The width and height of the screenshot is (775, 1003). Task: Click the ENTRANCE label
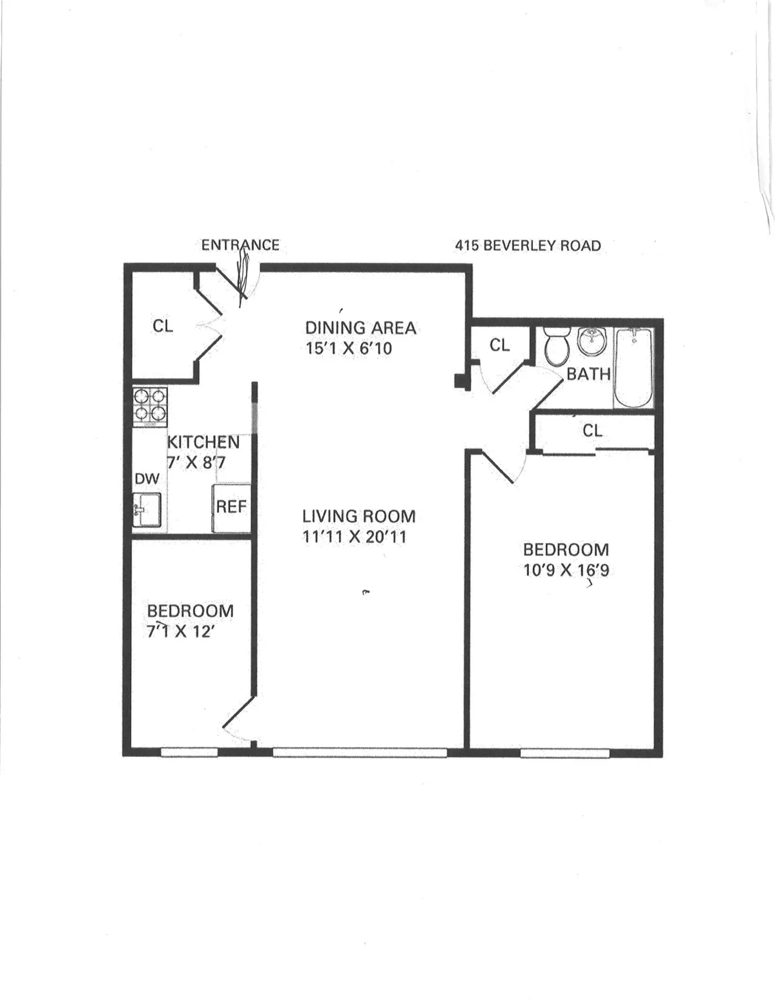coord(240,245)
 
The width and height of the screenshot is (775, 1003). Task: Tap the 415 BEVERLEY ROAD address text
coord(528,246)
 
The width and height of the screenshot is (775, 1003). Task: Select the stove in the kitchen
coord(150,407)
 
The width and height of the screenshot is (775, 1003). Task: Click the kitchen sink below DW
coord(147,510)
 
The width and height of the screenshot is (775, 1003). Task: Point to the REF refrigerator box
coord(232,508)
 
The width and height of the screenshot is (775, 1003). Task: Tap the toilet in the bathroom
coord(555,346)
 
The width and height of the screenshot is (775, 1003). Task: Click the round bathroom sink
coord(592,341)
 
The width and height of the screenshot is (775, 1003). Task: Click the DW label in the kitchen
coord(147,479)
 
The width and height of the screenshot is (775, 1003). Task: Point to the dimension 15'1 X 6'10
coord(349,349)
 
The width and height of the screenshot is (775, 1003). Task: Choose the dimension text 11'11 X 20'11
coord(355,537)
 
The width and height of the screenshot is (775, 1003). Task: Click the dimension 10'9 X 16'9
coord(566,571)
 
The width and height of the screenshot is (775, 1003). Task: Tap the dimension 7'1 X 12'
coord(180,632)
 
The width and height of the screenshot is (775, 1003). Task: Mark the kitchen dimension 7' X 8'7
coord(196,463)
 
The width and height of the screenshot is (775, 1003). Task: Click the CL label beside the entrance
coord(163,327)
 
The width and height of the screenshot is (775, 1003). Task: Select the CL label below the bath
coord(592,431)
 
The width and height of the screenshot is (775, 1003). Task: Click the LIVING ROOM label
coord(358,517)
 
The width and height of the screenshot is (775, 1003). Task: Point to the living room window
coord(359,752)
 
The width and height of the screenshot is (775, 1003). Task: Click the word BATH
coord(588,374)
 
